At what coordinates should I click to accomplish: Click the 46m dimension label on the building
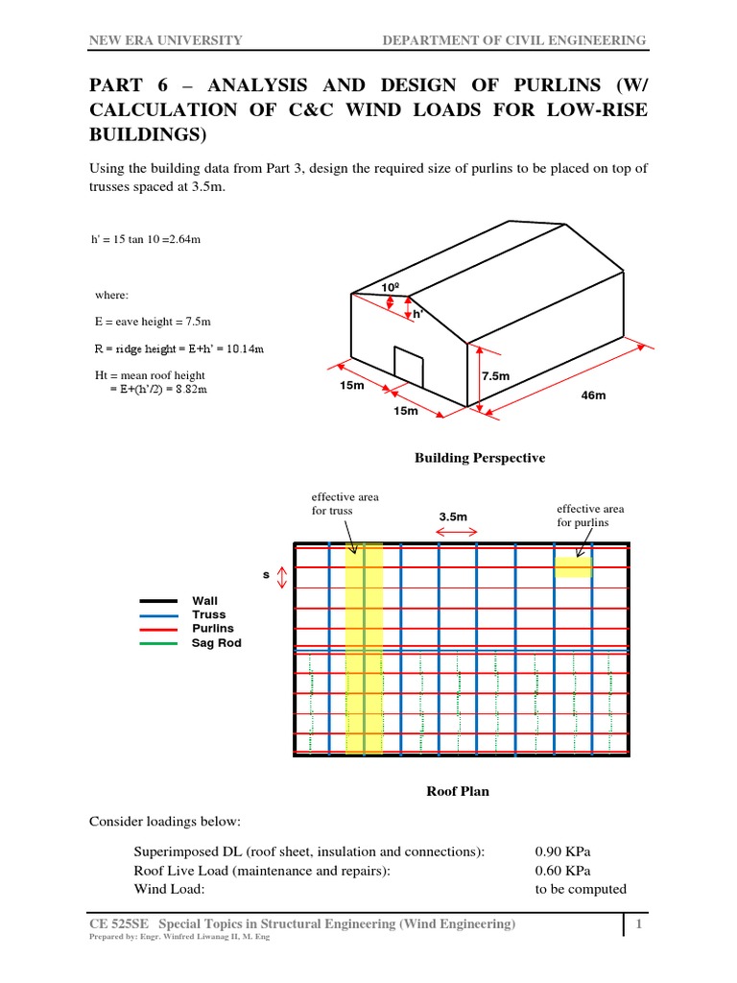(x=595, y=396)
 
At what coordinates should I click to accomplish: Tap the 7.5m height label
(x=496, y=376)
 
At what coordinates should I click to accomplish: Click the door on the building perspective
(x=409, y=366)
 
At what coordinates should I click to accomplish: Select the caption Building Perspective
(x=479, y=458)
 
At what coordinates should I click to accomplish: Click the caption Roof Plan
(x=457, y=791)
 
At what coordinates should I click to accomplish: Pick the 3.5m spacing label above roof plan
(x=453, y=516)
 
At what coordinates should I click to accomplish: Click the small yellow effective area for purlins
(x=574, y=567)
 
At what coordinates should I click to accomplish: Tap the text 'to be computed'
(x=581, y=889)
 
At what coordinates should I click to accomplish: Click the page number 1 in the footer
(x=637, y=923)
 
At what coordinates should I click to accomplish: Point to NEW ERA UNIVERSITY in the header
(x=165, y=39)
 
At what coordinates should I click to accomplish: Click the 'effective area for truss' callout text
(x=332, y=504)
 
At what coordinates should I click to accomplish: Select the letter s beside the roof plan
(x=266, y=575)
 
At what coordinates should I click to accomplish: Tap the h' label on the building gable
(x=417, y=314)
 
